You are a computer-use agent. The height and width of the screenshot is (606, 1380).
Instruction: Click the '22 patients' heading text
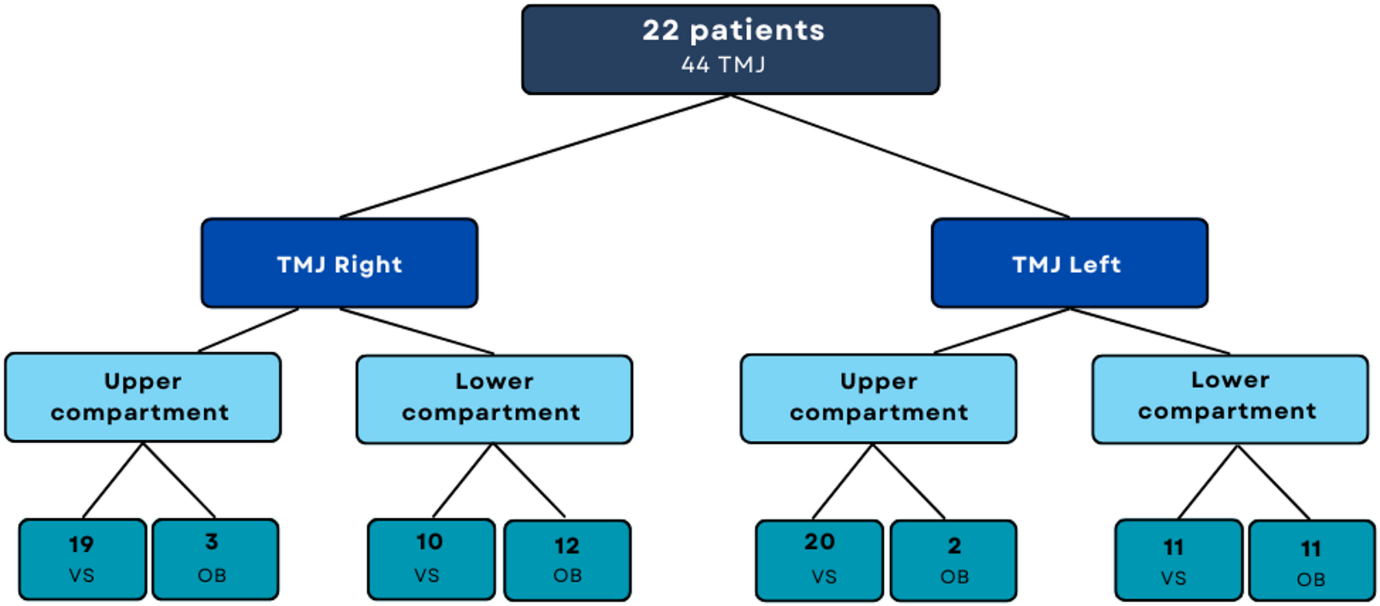point(733,30)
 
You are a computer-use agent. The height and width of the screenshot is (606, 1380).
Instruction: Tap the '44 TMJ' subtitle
point(723,65)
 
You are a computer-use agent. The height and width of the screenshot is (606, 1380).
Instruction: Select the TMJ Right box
point(340,263)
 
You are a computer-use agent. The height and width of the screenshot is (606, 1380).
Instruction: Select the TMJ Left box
point(1069,263)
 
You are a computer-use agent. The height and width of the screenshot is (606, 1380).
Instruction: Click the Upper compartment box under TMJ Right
point(142,397)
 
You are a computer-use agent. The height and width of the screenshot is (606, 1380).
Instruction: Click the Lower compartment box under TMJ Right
point(494,399)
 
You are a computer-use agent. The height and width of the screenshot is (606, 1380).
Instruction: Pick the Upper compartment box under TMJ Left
point(878,398)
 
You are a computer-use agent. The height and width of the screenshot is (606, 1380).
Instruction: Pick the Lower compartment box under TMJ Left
point(1229,399)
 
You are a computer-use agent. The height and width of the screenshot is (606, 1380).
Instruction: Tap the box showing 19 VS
point(82,559)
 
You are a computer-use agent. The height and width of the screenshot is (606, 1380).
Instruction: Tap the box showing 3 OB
point(215,559)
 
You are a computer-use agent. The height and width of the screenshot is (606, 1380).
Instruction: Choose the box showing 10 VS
point(431,559)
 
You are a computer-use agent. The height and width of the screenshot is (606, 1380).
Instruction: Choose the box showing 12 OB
point(567,560)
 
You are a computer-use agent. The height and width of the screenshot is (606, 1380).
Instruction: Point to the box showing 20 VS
point(819,560)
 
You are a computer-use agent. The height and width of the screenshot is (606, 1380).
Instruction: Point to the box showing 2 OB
point(953,561)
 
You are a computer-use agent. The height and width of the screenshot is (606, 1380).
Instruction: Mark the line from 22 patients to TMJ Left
point(900,156)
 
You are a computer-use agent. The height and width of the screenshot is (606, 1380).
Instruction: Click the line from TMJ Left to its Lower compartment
point(1150,331)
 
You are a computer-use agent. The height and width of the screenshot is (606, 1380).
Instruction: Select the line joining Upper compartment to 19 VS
point(113,480)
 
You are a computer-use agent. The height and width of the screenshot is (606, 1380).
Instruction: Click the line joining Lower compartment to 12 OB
point(529,480)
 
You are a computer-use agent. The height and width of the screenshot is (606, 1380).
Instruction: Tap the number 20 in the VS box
point(819,542)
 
